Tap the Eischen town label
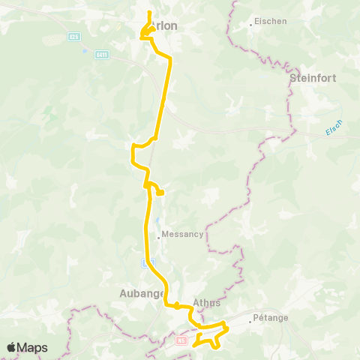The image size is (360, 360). coord(271,22)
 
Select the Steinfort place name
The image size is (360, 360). coord(312,77)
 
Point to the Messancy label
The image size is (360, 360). coord(183,234)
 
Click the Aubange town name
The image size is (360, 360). coord(142,293)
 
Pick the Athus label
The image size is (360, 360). coord(207,303)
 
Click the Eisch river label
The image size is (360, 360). coord(334,128)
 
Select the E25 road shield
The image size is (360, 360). coord(73,36)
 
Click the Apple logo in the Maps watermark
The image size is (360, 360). coord(12,347)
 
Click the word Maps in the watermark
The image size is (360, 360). coord(33,347)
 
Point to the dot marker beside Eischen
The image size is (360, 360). coord(251,24)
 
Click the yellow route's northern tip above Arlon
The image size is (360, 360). coord(150,13)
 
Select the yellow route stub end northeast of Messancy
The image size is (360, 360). coord(161,193)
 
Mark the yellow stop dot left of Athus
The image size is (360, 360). coord(175,305)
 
